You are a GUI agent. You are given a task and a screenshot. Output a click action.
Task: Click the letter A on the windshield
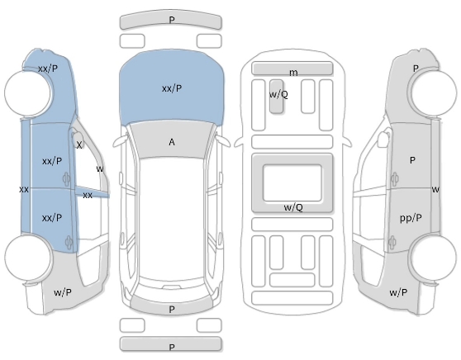(172, 142)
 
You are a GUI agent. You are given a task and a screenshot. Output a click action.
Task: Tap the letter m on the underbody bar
(293, 73)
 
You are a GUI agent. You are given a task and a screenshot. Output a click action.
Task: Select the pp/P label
(411, 218)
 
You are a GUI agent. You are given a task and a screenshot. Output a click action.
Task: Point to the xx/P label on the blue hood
(172, 88)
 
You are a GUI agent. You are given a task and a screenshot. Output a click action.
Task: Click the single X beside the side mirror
(79, 144)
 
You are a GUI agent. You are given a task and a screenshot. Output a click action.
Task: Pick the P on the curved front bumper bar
(172, 20)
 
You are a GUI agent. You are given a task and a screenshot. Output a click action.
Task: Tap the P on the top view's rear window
(172, 309)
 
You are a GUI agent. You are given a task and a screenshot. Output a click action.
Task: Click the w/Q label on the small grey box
(278, 94)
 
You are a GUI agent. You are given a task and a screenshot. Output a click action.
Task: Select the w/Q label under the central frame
(293, 207)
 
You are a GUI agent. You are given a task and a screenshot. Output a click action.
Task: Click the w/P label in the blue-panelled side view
(63, 292)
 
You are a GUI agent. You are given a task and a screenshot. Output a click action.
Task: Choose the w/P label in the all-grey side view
(398, 292)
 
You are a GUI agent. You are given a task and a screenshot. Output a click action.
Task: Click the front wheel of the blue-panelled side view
(27, 92)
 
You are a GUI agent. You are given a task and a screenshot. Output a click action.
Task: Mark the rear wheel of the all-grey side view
(433, 258)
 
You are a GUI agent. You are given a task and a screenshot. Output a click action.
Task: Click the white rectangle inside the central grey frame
(292, 182)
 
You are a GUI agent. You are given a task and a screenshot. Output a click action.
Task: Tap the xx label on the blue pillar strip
(88, 195)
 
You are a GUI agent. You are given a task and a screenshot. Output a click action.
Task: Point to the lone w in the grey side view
(435, 190)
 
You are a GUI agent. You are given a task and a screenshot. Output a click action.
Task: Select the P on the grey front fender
(416, 69)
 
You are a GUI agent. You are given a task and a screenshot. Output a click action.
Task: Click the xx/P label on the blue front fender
(48, 69)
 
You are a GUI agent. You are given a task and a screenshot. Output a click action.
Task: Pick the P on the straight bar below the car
(172, 347)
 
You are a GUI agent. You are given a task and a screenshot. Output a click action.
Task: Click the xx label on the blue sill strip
(24, 190)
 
